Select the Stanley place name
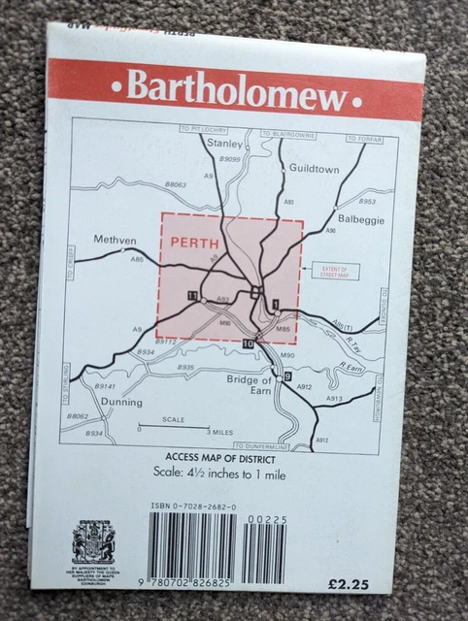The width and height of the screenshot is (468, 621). [x=225, y=144]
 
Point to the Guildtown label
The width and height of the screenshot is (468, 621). [x=314, y=168]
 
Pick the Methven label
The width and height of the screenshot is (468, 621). [x=114, y=240]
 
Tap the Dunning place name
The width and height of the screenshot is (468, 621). [x=120, y=401]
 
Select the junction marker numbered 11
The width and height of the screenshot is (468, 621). [x=193, y=295]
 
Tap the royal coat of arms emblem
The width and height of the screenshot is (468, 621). [x=93, y=540]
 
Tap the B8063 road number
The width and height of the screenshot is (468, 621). [x=176, y=183]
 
